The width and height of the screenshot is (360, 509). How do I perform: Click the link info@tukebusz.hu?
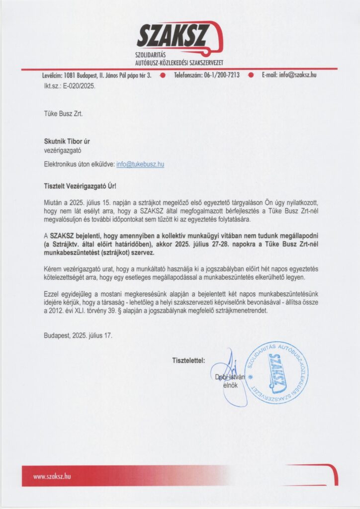(x=140, y=164)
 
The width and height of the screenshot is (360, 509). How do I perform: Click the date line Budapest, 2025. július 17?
(x=78, y=336)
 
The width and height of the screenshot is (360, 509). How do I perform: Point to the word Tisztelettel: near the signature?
(x=188, y=359)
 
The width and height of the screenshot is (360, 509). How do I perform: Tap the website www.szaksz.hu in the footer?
(x=52, y=476)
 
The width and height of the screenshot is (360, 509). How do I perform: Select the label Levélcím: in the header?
(x=52, y=75)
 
